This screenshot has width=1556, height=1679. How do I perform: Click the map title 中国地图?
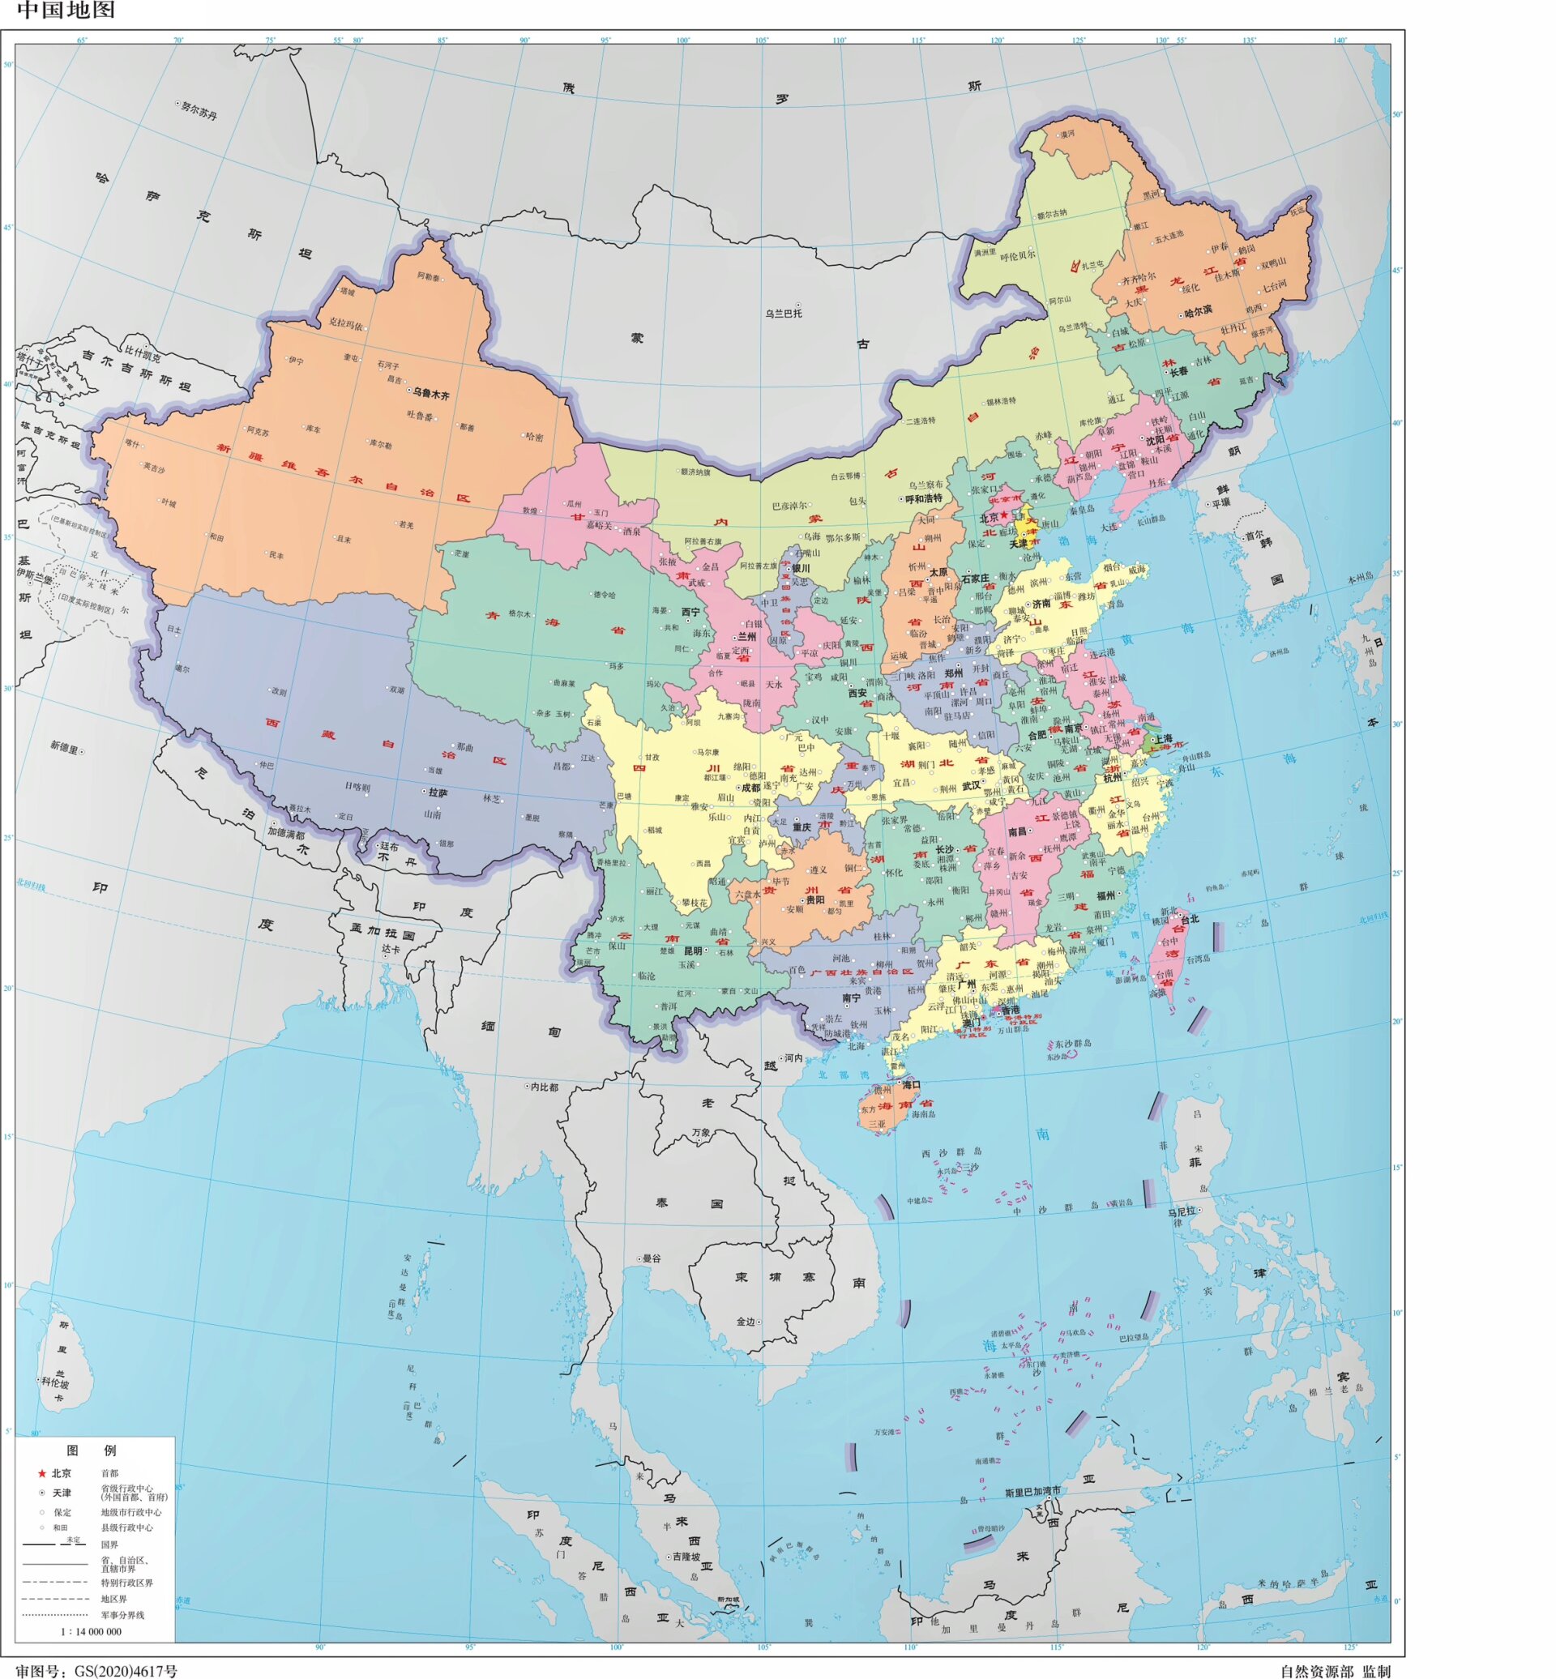pos(66,10)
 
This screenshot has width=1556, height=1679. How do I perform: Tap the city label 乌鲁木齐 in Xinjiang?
pos(430,393)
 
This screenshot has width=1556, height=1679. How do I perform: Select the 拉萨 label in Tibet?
pos(438,793)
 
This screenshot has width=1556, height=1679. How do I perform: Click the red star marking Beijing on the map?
pos(1003,515)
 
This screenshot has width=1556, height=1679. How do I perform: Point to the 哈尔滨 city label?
pos(1198,310)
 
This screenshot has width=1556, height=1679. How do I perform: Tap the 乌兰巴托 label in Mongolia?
pos(783,314)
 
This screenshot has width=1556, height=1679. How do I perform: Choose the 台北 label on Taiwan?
pos(1190,920)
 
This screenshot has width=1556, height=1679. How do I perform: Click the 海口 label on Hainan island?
pos(911,1084)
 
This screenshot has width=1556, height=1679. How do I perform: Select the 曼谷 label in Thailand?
pos(652,1258)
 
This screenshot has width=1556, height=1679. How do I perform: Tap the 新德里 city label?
pos(64,746)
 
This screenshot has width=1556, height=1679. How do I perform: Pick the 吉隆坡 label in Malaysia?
pos(686,1557)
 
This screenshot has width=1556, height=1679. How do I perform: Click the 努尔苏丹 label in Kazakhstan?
pos(199,110)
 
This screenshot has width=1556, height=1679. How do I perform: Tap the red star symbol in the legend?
pos(41,1473)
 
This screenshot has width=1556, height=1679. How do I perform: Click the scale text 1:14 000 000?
pos(91,1631)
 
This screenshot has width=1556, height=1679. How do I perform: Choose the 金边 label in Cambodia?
pos(746,1322)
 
